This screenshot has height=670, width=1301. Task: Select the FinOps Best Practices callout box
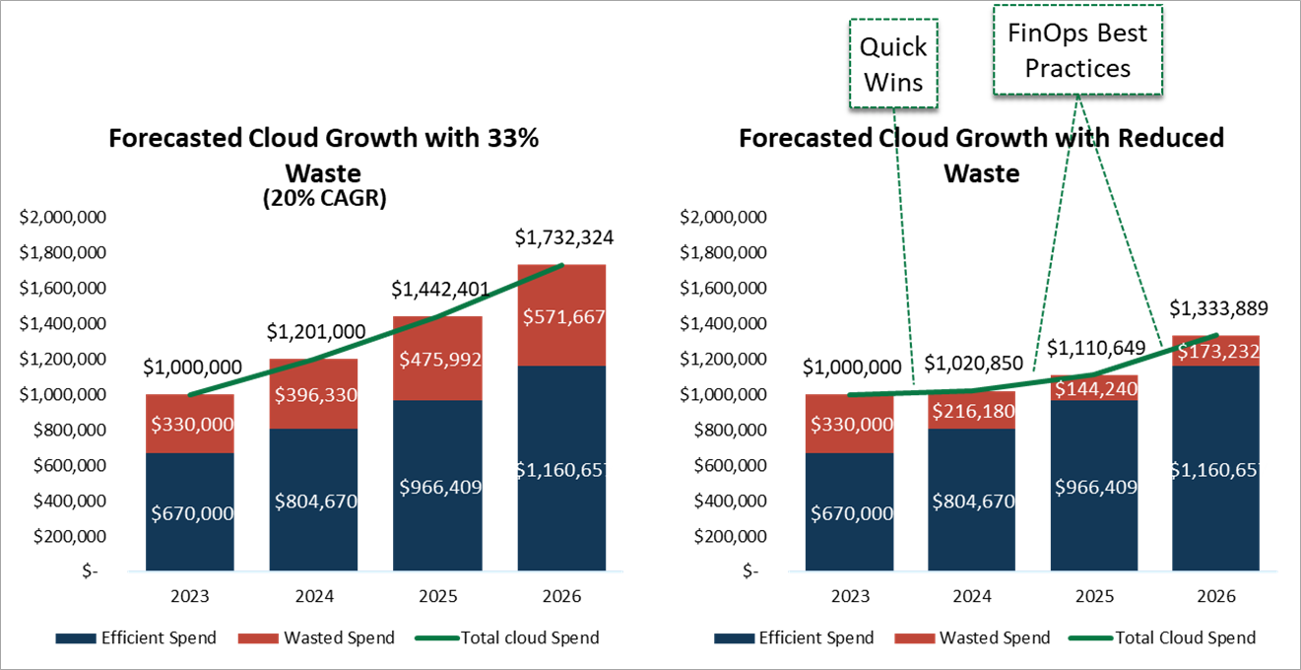coord(1076,50)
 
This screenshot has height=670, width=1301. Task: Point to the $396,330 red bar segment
coord(314,394)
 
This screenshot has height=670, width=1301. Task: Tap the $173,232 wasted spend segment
coord(1217,351)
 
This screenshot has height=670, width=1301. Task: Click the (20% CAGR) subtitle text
coord(323,198)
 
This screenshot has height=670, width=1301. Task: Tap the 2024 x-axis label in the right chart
coord(973,596)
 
